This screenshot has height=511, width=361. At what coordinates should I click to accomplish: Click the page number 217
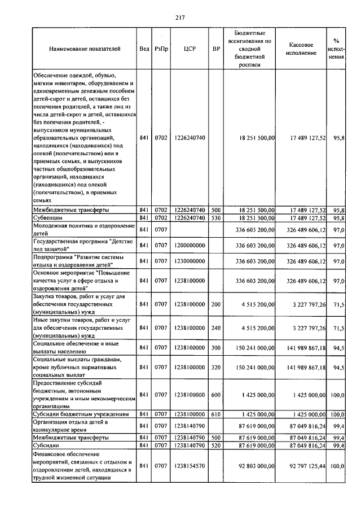coord(180,17)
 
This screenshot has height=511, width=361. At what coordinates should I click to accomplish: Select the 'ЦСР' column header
coord(190,49)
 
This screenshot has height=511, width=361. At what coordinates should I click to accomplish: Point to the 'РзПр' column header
coord(161,49)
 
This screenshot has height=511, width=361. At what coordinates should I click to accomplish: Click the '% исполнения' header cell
coord(336,49)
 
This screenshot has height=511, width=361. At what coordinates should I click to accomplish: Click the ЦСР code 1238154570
coord(190,466)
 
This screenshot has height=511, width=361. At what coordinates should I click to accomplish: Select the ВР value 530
coord(215,217)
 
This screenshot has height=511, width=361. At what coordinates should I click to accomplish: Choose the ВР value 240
coord(215,327)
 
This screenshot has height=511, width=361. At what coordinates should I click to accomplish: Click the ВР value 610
coord(215,414)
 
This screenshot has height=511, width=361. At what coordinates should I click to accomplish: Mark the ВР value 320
coord(215,367)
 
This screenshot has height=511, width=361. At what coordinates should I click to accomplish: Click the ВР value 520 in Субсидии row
coord(215,445)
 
